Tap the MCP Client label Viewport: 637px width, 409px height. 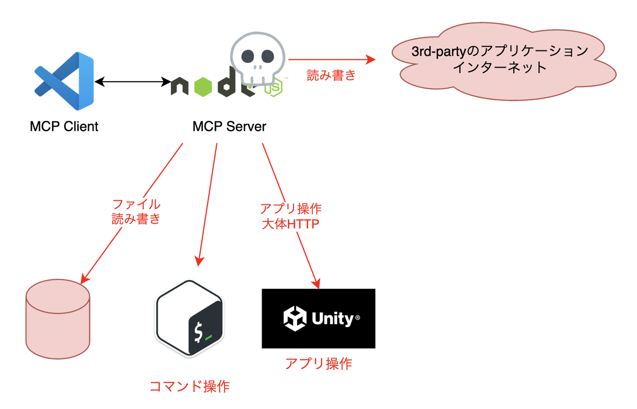(x=64, y=127)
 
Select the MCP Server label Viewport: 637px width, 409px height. (x=229, y=127)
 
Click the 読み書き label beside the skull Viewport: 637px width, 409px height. (x=331, y=75)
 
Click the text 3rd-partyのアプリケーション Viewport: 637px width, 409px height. (x=500, y=52)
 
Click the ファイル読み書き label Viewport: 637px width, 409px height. (x=136, y=211)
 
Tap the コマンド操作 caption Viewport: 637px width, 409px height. (x=190, y=386)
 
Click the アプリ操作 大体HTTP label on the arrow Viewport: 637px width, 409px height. (x=290, y=215)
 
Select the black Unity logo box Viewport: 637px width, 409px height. (x=318, y=319)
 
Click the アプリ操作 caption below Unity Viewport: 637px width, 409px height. (x=318, y=364)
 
